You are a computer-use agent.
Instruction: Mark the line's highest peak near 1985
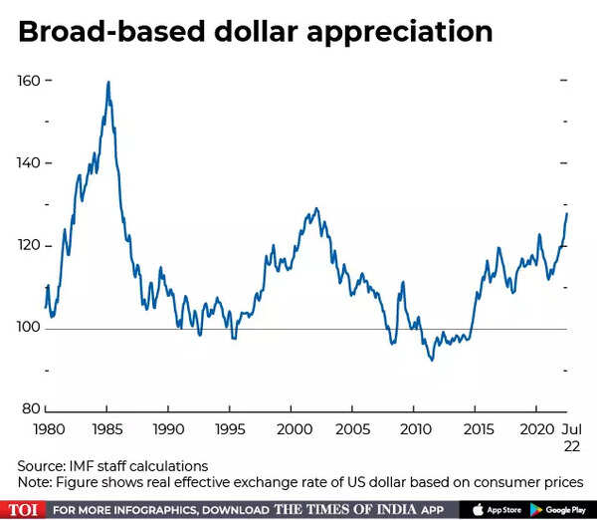point(107,82)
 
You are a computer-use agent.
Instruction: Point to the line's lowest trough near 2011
point(431,359)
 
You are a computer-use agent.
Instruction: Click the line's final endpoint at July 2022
point(567,212)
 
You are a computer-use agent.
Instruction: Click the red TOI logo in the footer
point(24,509)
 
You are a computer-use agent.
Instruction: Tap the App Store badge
point(497,509)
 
